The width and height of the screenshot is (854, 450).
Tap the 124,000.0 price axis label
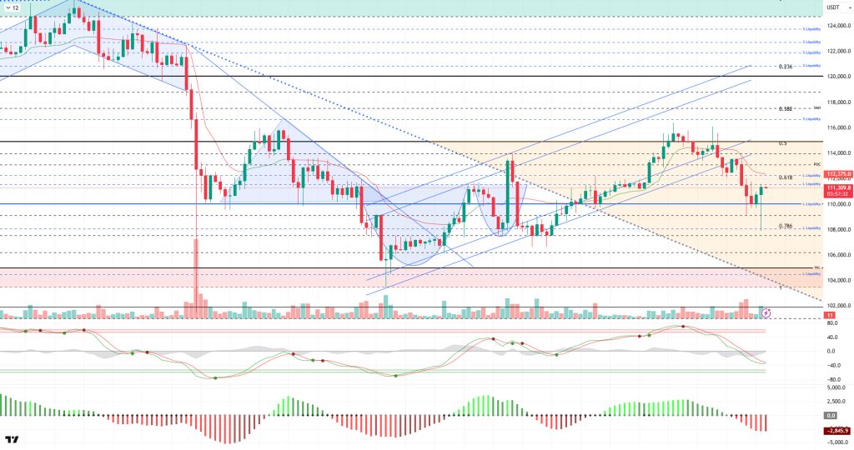tap(836, 25)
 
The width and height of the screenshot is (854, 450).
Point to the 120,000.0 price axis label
tap(836, 77)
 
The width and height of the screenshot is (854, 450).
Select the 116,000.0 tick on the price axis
tap(836, 127)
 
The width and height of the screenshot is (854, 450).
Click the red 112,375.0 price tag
tap(836, 174)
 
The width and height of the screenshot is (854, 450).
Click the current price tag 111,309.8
tap(836, 188)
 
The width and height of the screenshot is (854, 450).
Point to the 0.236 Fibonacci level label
tap(785, 67)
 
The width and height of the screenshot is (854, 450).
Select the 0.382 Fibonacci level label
tap(785, 109)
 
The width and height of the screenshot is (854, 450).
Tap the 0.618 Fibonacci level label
tap(785, 177)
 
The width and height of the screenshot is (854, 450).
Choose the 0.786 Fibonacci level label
tap(785, 226)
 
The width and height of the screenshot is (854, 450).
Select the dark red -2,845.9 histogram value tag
tap(836, 430)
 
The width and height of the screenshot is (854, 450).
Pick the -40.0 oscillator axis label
tap(831, 365)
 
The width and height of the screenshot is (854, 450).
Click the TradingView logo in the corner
tap(12, 439)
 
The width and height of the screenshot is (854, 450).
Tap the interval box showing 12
tap(12, 7)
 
